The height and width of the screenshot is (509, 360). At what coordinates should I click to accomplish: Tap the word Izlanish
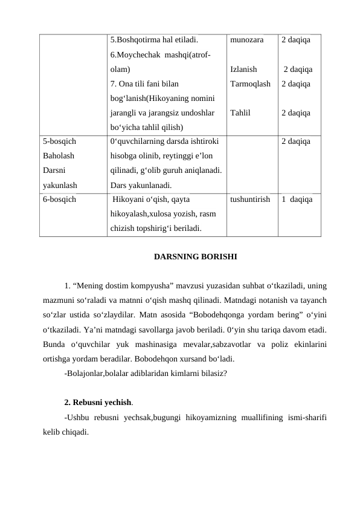244,70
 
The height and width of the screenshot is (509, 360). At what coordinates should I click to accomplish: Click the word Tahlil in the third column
241,112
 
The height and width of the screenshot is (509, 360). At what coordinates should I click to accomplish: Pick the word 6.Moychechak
136,55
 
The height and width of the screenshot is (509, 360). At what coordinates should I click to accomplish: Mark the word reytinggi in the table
173,156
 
